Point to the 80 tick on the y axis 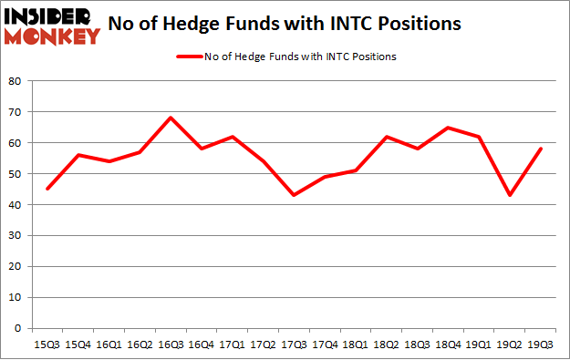pyautogui.click(x=14, y=81)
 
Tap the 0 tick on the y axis pyautogui.click(x=17, y=328)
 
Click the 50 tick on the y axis pyautogui.click(x=14, y=173)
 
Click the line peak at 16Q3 pyautogui.click(x=170, y=118)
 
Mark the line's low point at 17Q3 pyautogui.click(x=293, y=195)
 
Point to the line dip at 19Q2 pyautogui.click(x=508, y=195)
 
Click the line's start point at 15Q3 pyautogui.click(x=47, y=189)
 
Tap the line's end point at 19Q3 pyautogui.click(x=538, y=149)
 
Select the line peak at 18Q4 pyautogui.click(x=446, y=128)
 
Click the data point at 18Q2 pyautogui.click(x=385, y=137)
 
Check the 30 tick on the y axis pyautogui.click(x=14, y=235)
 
